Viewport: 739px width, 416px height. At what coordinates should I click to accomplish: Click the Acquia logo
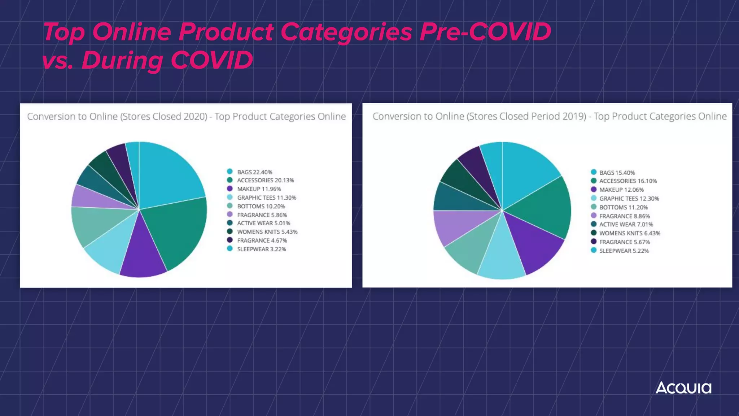(x=683, y=388)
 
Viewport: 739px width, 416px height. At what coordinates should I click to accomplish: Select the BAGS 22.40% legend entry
(x=254, y=172)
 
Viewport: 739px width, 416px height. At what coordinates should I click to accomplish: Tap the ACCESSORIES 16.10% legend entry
(x=628, y=181)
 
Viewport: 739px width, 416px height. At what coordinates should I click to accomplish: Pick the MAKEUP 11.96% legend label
(x=259, y=189)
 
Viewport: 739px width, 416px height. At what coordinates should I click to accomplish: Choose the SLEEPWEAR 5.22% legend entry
(x=624, y=251)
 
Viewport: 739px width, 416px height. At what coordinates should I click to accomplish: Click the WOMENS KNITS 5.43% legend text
(x=267, y=232)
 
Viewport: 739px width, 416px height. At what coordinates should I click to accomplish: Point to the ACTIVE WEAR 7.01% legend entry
(x=626, y=224)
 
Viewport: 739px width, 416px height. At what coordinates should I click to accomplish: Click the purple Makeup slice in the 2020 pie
(x=143, y=253)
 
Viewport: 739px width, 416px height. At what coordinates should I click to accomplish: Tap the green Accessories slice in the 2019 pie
(x=541, y=206)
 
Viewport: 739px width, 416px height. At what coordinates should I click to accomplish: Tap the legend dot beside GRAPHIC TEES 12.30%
(x=594, y=198)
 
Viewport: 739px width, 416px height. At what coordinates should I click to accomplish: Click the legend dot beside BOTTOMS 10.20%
(x=230, y=206)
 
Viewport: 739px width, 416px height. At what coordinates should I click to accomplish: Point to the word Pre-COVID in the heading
(x=485, y=32)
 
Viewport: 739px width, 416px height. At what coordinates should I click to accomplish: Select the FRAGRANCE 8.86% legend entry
(x=624, y=216)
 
